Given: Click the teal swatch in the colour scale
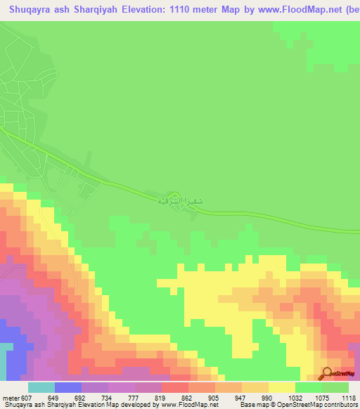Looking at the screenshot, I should [x=41, y=388].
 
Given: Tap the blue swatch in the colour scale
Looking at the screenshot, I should [x=68, y=388].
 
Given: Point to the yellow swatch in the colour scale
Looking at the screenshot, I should [x=282, y=388].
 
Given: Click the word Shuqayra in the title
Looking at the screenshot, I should [x=30, y=9].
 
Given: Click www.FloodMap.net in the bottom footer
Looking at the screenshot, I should [x=189, y=405].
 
